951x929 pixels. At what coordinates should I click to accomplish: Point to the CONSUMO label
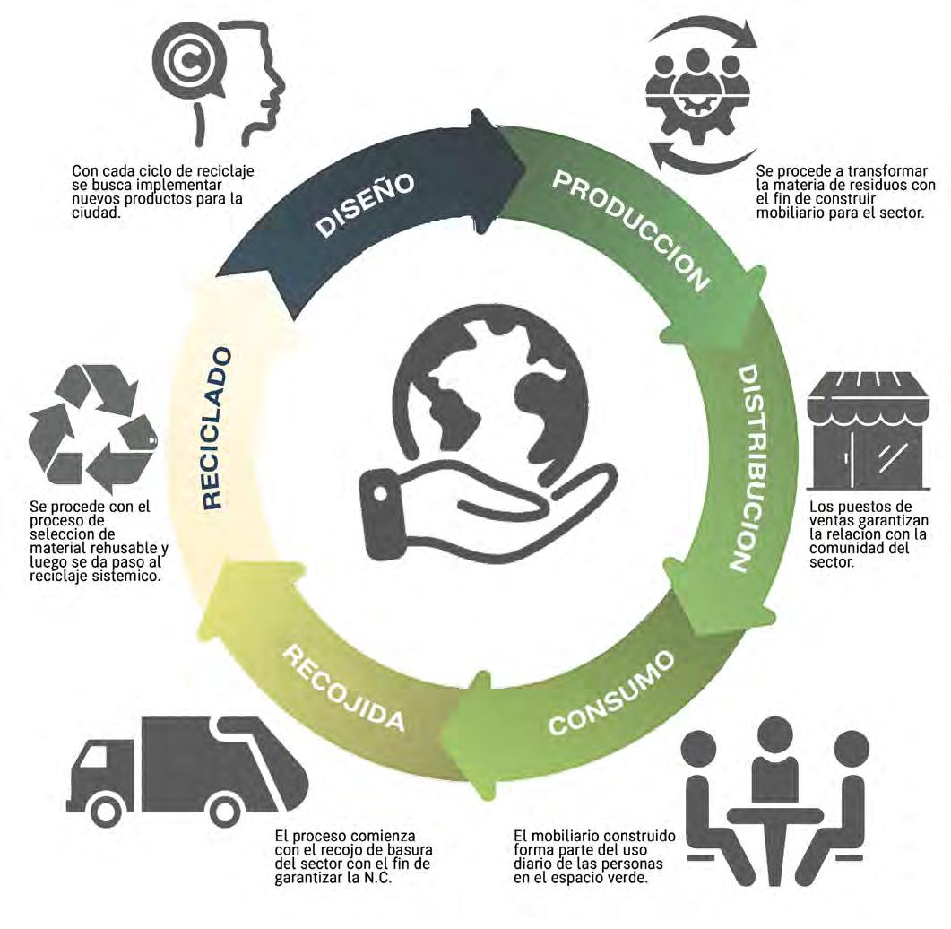coord(611,695)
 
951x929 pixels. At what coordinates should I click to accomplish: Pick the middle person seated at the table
coord(776,762)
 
